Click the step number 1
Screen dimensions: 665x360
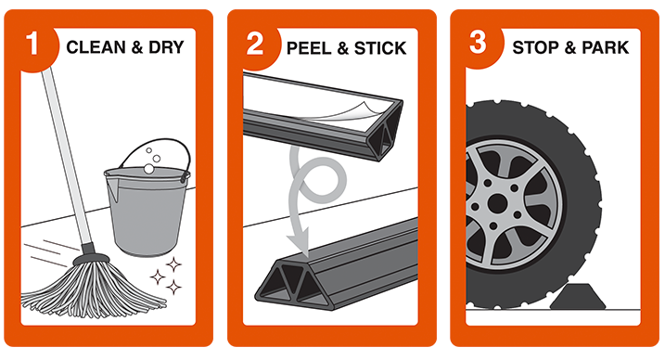pyautogui.click(x=32, y=45)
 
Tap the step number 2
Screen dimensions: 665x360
pyautogui.click(x=255, y=44)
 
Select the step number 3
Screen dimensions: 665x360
pyautogui.click(x=478, y=43)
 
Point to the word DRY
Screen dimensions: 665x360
pyautogui.click(x=166, y=47)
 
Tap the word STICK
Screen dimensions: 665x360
pyautogui.click(x=380, y=48)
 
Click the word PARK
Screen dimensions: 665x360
pyautogui.click(x=606, y=47)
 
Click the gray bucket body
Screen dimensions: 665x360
pyautogui.click(x=147, y=212)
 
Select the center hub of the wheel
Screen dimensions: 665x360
pyautogui.click(x=497, y=204)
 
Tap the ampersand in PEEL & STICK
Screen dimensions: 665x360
pyautogui.click(x=342, y=49)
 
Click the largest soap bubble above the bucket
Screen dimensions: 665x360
pyautogui.click(x=149, y=169)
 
